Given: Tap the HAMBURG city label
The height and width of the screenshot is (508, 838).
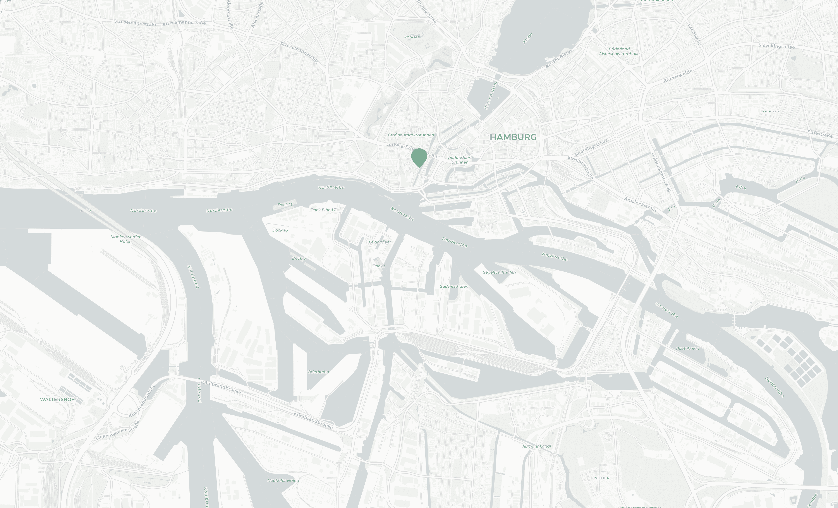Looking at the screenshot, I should click(x=513, y=137).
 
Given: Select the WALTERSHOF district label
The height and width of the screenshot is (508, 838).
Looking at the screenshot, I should click(x=57, y=399).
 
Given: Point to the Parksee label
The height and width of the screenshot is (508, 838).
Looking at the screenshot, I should click(x=412, y=37).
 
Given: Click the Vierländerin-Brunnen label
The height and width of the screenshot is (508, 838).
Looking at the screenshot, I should click(x=460, y=160).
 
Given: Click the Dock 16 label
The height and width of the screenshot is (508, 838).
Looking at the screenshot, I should click(x=280, y=230).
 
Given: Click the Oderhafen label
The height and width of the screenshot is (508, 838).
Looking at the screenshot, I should click(x=318, y=372).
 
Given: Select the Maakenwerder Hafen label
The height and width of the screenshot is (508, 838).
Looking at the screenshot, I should click(x=125, y=239).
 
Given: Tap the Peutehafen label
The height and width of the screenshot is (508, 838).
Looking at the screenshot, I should click(x=687, y=348).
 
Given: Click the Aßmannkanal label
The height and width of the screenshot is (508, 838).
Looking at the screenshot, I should click(x=536, y=446).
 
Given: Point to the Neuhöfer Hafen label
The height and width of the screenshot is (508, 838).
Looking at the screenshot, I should click(x=283, y=481).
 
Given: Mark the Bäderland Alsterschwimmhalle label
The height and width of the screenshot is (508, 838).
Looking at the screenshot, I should click(x=619, y=51).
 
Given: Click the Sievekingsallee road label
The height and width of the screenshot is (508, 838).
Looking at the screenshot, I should click(x=776, y=46).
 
